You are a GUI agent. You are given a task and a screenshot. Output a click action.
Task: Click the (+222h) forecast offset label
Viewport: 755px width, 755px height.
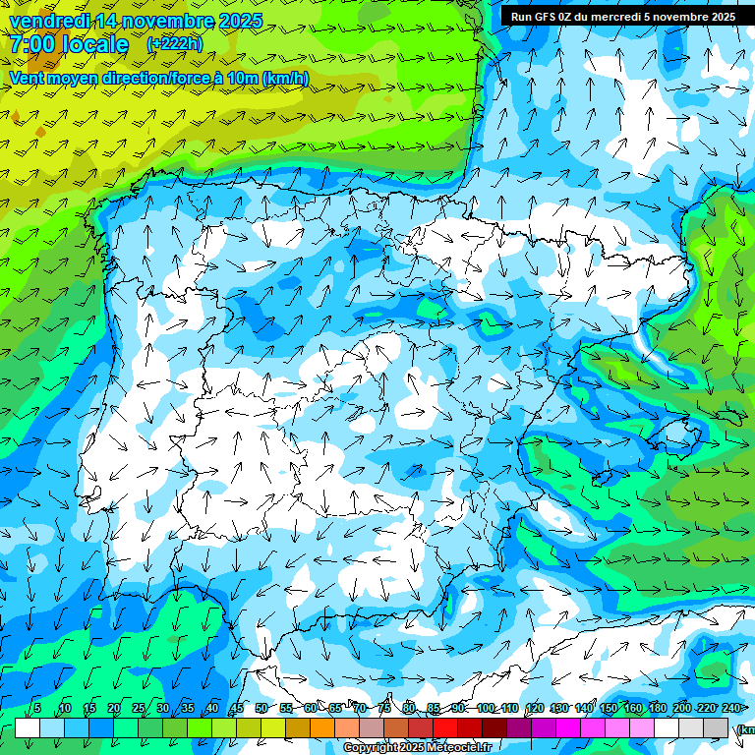175,43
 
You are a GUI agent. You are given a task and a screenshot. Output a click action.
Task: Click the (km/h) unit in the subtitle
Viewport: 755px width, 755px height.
286,78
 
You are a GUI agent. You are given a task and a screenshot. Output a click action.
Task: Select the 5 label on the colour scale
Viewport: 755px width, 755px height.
37,708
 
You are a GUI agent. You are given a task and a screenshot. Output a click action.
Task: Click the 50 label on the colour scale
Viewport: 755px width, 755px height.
261,708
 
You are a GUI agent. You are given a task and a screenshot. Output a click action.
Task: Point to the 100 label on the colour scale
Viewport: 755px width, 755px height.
486,708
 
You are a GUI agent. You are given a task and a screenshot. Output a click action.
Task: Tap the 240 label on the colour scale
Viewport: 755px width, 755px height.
730,708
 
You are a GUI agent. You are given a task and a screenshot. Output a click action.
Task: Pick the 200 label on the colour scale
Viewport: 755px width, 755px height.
681,708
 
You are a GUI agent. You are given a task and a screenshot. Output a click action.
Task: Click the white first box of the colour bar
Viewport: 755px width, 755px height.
28,727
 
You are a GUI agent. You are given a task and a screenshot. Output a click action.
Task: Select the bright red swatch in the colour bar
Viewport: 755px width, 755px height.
445,727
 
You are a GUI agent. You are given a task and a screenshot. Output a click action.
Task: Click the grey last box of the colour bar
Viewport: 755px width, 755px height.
716,727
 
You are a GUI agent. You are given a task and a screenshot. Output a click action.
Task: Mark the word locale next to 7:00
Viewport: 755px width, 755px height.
95,44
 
